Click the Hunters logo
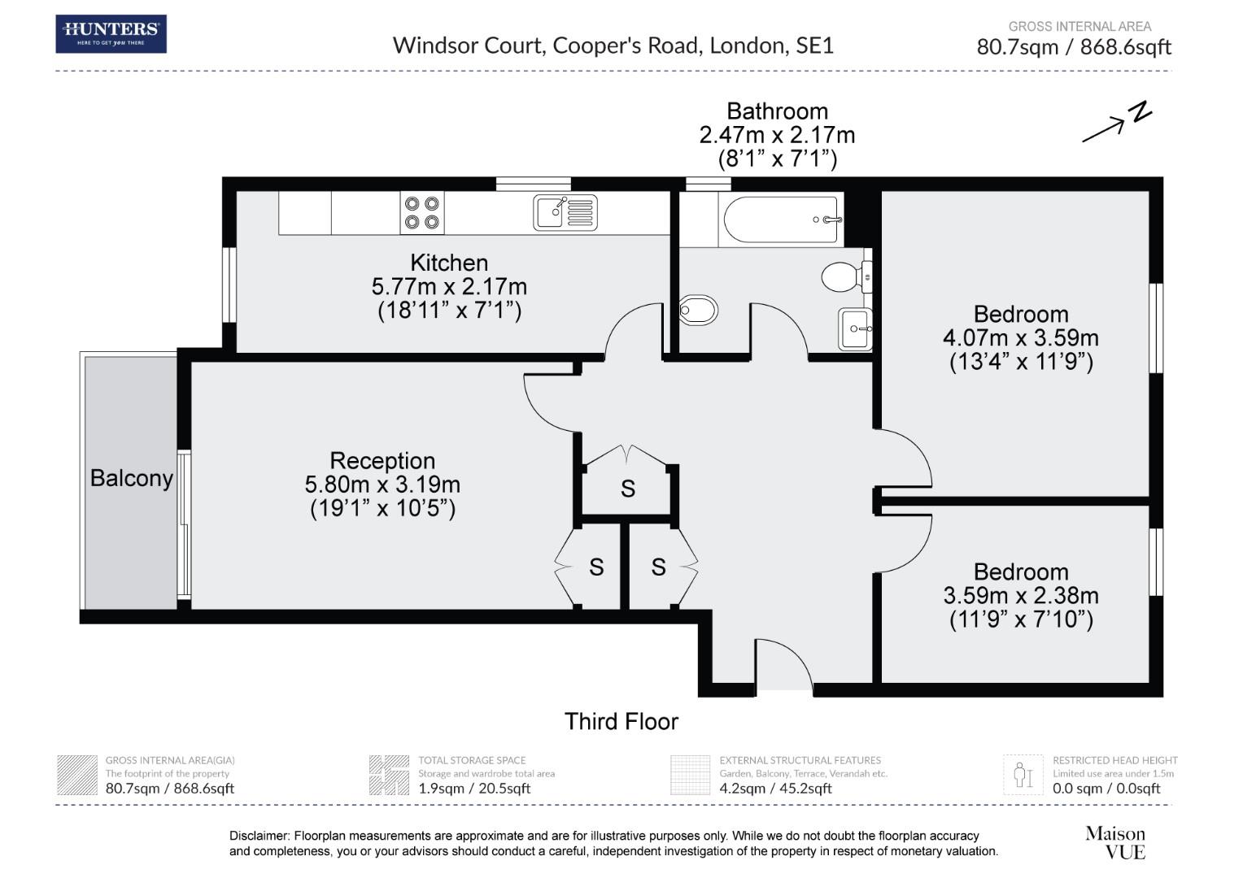coord(111,34)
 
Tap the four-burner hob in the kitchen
coord(421,213)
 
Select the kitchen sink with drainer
coord(565,212)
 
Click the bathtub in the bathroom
coord(781,219)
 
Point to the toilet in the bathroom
coord(846,276)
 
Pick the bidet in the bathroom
coord(698,311)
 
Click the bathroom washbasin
coord(855,329)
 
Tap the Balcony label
coord(132,478)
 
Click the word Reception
coord(382,461)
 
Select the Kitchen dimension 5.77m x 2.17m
coord(449,287)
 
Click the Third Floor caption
coord(621,722)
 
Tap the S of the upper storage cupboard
coord(628,489)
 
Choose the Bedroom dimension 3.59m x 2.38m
coord(1021,596)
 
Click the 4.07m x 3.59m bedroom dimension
coord(1021,337)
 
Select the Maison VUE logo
coord(1115,842)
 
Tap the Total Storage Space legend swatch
coord(389,775)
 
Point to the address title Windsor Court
coord(467,46)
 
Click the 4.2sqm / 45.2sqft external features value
coord(775,788)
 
